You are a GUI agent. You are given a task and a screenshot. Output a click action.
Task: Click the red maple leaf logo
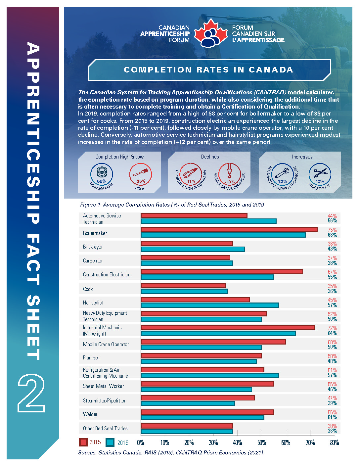[x=210, y=33]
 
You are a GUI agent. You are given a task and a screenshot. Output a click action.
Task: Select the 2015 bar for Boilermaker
[x=229, y=229]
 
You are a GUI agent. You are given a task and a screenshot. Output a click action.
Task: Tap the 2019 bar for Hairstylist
[x=210, y=305]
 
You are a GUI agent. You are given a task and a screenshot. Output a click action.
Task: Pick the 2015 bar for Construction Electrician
[x=222, y=271]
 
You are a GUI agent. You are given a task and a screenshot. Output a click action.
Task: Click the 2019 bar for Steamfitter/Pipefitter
[x=188, y=403]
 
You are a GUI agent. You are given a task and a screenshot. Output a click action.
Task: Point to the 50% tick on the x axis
[x=262, y=433]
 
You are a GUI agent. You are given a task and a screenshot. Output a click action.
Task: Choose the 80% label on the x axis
[x=335, y=443]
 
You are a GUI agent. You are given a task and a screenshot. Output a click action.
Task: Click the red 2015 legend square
[x=83, y=442]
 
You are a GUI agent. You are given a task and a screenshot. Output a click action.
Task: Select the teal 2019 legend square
[x=110, y=442]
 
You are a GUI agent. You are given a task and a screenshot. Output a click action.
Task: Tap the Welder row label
[x=90, y=414]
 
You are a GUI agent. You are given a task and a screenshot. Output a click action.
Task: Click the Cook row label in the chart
[x=88, y=289]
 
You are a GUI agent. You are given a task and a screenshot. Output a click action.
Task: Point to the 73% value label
[x=332, y=230]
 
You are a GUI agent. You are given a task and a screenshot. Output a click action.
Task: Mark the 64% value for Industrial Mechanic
[x=332, y=333]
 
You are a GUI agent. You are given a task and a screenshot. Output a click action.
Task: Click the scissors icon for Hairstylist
[x=320, y=173]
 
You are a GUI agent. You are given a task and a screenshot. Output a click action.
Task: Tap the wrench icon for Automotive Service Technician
[x=282, y=173]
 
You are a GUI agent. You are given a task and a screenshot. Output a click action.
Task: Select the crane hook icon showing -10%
[x=229, y=171]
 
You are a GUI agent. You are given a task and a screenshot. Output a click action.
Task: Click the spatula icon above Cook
[x=141, y=173]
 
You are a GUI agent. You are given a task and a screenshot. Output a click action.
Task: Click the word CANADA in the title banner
[x=271, y=70]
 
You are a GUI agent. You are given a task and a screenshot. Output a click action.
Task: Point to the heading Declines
[x=210, y=157]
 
